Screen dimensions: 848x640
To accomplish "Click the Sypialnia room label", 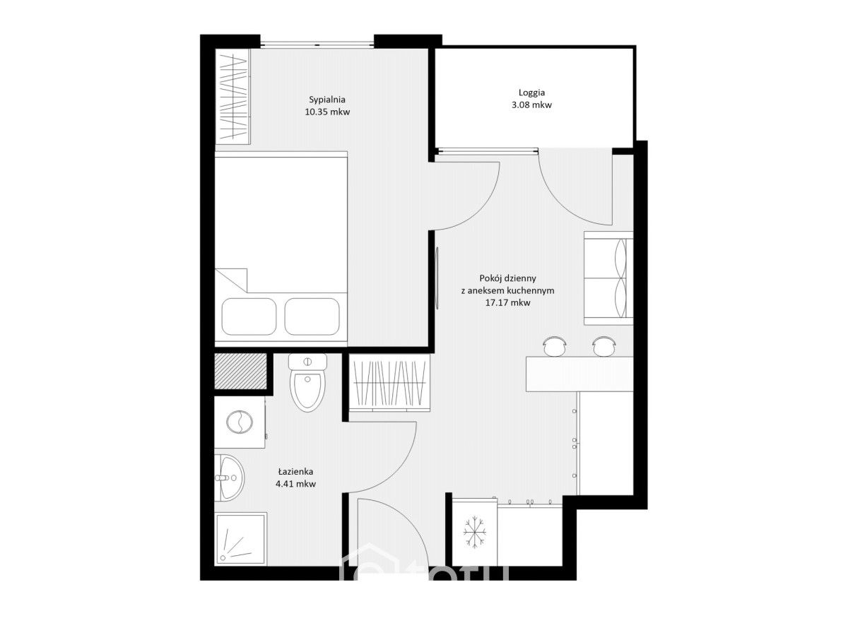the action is pos(327,100).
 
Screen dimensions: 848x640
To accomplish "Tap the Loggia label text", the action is pos(531,93).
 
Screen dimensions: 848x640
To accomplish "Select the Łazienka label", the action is pos(295,471).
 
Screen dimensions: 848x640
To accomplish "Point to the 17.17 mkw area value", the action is pos(507,303).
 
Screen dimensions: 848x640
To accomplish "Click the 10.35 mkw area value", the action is pos(327,112).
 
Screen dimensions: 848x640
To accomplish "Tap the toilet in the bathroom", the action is pos(307,382).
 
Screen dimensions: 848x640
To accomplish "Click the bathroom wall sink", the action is pos(230,478).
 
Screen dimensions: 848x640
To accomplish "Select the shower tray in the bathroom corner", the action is pos(241,539).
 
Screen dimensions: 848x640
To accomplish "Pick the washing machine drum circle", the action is pos(239,422).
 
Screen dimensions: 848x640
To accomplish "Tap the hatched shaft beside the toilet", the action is pos(240,372).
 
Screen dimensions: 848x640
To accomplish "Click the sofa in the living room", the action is pos(608,278).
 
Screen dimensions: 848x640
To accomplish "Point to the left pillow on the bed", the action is pos(249,316).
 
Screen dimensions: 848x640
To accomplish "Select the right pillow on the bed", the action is pos(312,316).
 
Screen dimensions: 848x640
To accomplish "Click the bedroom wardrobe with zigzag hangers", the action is pos(232,96).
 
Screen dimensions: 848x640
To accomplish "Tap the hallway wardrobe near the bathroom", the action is pos(389,383).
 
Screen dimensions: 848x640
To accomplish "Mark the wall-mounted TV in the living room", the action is pos(437,278).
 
